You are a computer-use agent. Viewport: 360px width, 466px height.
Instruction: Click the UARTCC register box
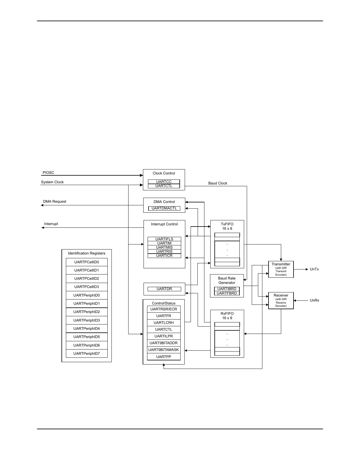pyautogui.click(x=164, y=182)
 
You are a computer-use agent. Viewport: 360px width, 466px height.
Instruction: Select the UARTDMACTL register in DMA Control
pyautogui.click(x=164, y=208)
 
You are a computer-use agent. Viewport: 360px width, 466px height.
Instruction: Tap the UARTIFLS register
pyautogui.click(x=164, y=239)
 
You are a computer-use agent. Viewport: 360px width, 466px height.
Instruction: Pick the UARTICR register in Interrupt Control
pyautogui.click(x=164, y=256)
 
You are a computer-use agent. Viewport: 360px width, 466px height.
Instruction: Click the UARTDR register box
pyautogui.click(x=164, y=289)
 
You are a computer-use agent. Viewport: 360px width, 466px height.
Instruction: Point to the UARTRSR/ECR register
pyautogui.click(x=164, y=309)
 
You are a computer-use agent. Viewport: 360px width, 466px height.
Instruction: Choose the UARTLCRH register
pyautogui.click(x=164, y=323)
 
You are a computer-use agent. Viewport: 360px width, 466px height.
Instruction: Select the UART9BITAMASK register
pyautogui.click(x=164, y=350)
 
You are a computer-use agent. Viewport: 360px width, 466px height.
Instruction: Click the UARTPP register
pyautogui.click(x=164, y=357)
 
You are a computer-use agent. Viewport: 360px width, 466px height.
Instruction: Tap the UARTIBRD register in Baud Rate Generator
pyautogui.click(x=227, y=289)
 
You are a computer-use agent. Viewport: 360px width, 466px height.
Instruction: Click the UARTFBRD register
pyautogui.click(x=227, y=293)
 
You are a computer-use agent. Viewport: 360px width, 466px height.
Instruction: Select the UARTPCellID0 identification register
pyautogui.click(x=86, y=262)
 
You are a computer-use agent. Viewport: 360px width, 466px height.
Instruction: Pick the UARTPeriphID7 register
pyautogui.click(x=86, y=354)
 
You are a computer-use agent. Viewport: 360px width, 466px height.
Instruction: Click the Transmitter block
pyautogui.click(x=281, y=269)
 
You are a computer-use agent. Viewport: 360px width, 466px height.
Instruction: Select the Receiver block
pyautogui.click(x=281, y=300)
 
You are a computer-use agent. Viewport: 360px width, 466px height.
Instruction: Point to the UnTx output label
pyautogui.click(x=314, y=269)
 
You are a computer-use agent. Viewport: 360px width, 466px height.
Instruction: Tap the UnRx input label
pyautogui.click(x=314, y=300)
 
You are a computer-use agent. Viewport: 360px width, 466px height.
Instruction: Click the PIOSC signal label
pyautogui.click(x=49, y=173)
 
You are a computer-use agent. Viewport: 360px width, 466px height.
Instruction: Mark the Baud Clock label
pyautogui.click(x=218, y=183)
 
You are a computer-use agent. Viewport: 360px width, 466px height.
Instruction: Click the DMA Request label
pyautogui.click(x=55, y=202)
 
